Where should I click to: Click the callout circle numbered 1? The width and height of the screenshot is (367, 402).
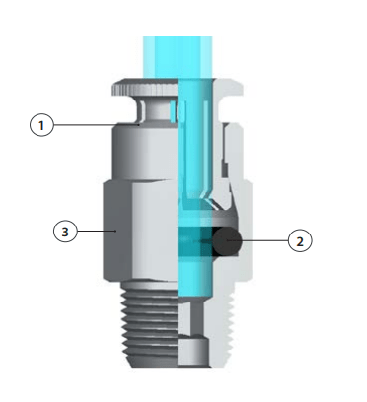(41, 125)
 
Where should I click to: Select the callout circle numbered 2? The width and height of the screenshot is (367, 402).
(300, 240)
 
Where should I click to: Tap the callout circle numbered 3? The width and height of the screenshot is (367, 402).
(65, 232)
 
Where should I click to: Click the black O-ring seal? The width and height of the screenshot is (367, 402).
(227, 241)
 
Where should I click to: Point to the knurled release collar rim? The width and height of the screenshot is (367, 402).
(145, 87)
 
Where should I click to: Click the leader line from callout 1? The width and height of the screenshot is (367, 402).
(96, 125)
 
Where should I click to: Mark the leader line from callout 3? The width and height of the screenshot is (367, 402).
(97, 232)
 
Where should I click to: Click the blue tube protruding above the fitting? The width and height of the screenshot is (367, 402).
(178, 57)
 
